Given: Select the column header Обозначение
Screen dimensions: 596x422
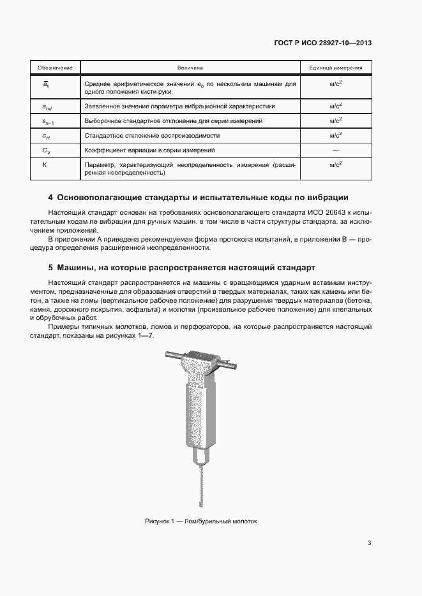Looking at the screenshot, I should pos(54,67).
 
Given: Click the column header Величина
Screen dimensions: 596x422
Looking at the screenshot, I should pos(190,67).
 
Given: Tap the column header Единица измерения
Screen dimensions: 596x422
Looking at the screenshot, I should pos(336,67).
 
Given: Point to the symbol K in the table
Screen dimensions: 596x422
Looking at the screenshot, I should pos(45,164).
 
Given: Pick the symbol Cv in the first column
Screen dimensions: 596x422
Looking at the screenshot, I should pos(46,150).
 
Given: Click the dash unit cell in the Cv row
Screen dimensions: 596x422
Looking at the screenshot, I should pos(336,150).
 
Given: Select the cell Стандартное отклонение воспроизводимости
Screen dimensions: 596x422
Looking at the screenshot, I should pos(152,135).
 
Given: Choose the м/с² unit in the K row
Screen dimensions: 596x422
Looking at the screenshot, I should pos(336,164).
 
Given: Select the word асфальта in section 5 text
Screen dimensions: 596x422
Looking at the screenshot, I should pos(147,309).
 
